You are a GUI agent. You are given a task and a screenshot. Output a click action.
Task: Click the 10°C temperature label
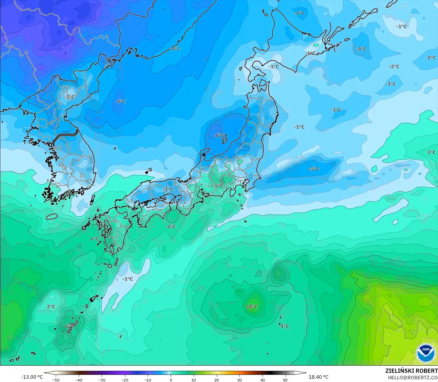(x=252, y=307)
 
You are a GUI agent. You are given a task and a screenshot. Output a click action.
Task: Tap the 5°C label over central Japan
(x=219, y=186)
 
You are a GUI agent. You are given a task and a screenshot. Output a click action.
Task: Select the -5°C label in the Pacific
(x=314, y=169)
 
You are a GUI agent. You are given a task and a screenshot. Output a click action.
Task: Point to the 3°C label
(x=431, y=152)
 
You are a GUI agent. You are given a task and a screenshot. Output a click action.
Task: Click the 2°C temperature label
(x=51, y=307)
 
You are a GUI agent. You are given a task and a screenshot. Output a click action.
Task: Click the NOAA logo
(x=426, y=353)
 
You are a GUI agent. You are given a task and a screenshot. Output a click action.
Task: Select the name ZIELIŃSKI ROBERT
(x=411, y=371)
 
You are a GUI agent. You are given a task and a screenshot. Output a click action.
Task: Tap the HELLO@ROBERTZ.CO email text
(x=412, y=377)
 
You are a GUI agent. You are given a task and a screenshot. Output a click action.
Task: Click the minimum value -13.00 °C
(x=32, y=377)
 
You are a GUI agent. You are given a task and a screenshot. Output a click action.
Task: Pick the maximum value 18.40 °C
(x=319, y=377)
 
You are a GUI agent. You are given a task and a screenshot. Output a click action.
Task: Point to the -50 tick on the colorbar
(x=56, y=380)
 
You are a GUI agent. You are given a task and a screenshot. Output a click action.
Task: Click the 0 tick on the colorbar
(x=171, y=380)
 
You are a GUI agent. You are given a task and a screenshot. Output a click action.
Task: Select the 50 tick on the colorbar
(x=285, y=380)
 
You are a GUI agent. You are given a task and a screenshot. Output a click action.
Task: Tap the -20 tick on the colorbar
(x=125, y=380)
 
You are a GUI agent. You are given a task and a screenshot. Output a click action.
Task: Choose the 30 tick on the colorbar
(x=240, y=380)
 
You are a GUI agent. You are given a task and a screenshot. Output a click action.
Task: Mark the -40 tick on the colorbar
(x=79, y=380)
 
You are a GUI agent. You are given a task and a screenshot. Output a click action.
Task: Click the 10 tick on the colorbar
(x=193, y=380)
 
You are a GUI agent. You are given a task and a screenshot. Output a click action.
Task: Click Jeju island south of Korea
(x=52, y=217)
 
